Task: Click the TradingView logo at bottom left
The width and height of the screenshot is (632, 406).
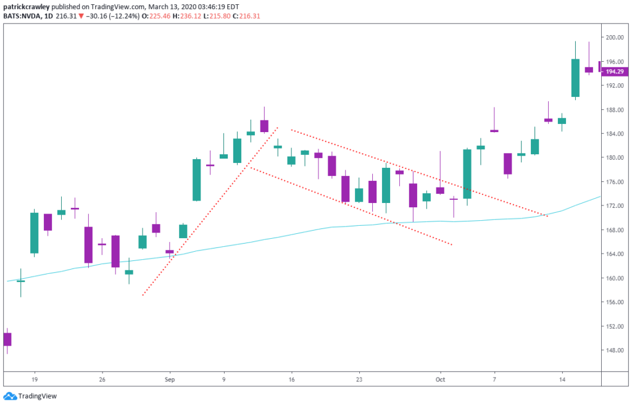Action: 30,397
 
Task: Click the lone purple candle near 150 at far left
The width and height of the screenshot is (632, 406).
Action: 7,339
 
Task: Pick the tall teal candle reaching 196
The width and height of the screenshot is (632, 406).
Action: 575,78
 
